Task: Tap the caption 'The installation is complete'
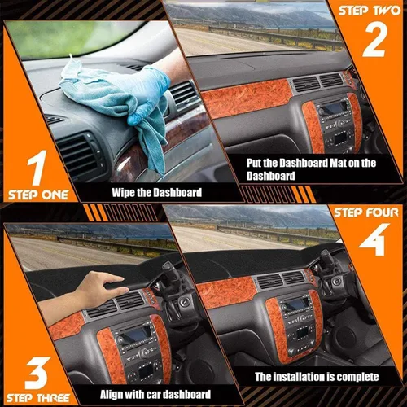pos(317,377)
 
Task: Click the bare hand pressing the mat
pos(102,286)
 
